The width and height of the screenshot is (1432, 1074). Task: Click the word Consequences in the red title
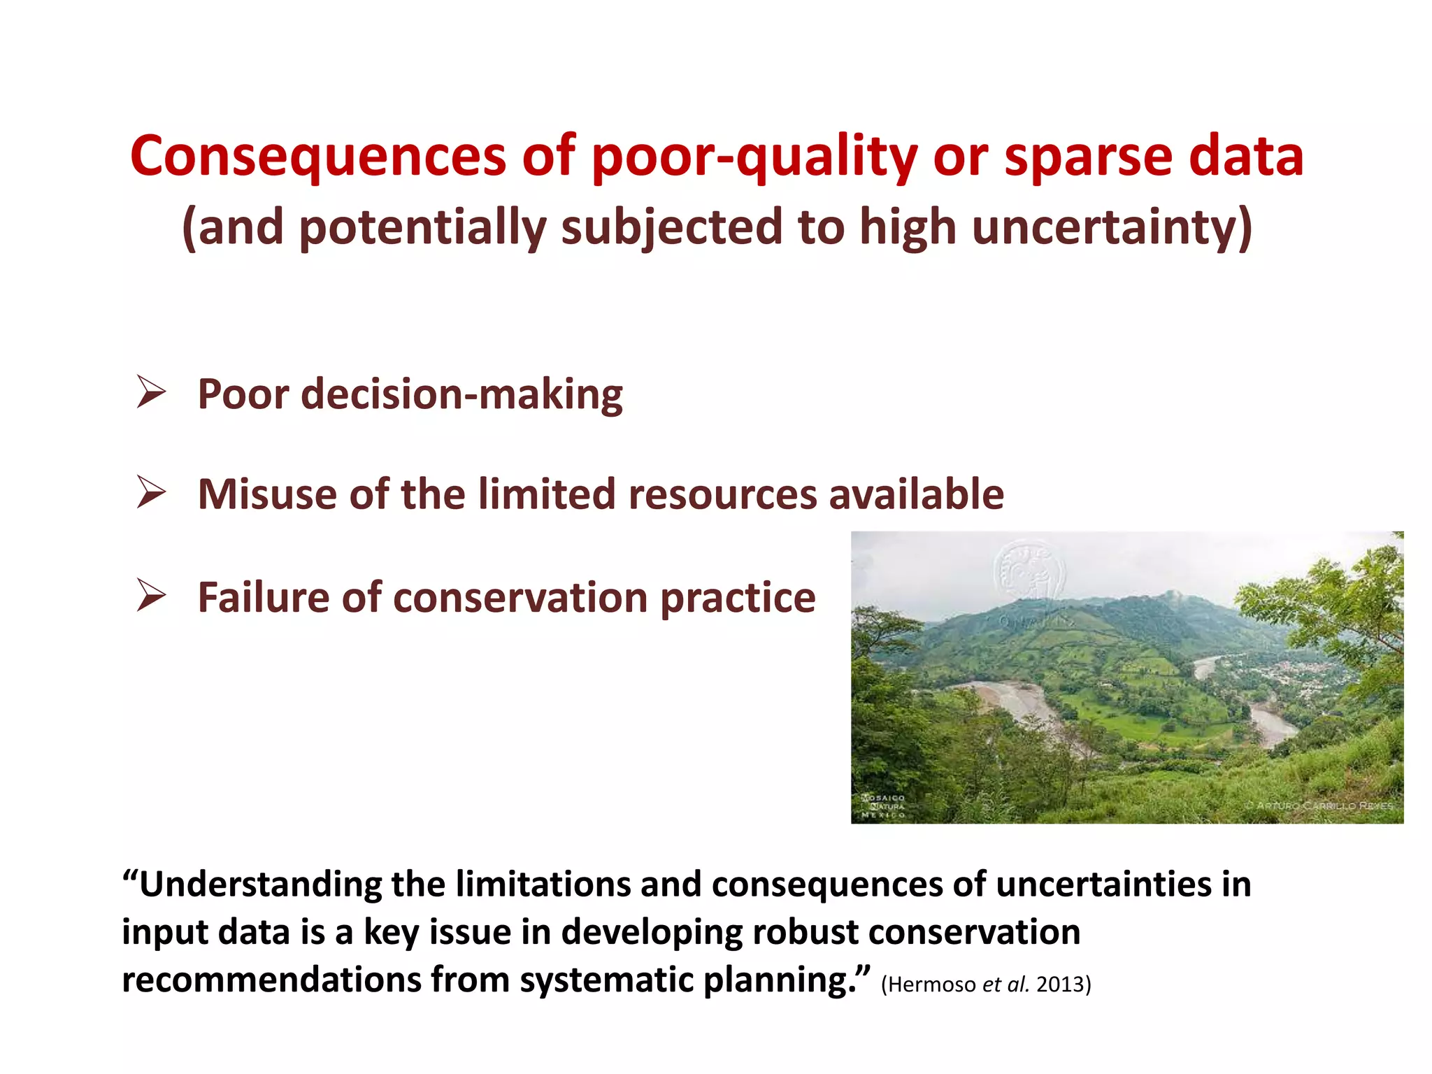(317, 157)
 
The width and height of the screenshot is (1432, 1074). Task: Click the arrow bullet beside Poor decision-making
(150, 392)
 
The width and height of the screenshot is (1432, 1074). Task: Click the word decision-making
(461, 394)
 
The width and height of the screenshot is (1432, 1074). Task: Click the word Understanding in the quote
(260, 885)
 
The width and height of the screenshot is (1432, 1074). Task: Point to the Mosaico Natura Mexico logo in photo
(883, 805)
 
